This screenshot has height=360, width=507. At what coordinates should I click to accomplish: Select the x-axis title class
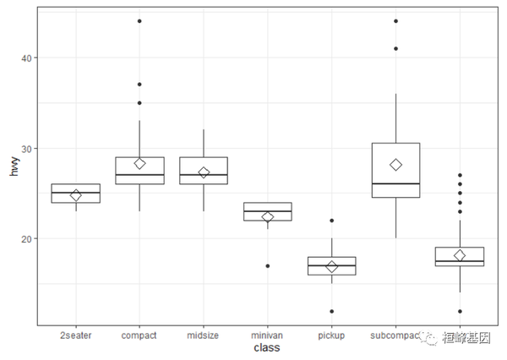268,347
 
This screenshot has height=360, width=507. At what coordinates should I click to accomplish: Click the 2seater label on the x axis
76,335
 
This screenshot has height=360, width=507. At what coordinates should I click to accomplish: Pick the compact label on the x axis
139,335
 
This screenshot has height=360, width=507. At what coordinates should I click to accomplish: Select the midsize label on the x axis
204,335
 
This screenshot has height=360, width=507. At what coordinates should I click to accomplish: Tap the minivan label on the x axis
268,335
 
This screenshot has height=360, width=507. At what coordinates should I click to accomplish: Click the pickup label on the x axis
332,335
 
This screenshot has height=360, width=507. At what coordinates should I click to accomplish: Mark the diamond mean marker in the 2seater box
76,195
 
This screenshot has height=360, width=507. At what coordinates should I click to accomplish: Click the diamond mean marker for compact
139,163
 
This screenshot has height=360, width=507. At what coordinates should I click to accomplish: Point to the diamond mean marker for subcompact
395,165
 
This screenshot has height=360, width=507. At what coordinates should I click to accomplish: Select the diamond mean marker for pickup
332,266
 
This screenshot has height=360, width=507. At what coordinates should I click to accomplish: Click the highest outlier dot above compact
139,21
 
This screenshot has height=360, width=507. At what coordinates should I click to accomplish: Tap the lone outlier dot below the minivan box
268,266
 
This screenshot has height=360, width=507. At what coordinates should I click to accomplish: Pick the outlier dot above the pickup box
332,221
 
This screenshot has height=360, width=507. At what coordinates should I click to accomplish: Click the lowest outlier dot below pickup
332,311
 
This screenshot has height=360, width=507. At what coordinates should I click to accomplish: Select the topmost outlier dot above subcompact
395,21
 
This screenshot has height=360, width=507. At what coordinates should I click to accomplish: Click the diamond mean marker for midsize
204,172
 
